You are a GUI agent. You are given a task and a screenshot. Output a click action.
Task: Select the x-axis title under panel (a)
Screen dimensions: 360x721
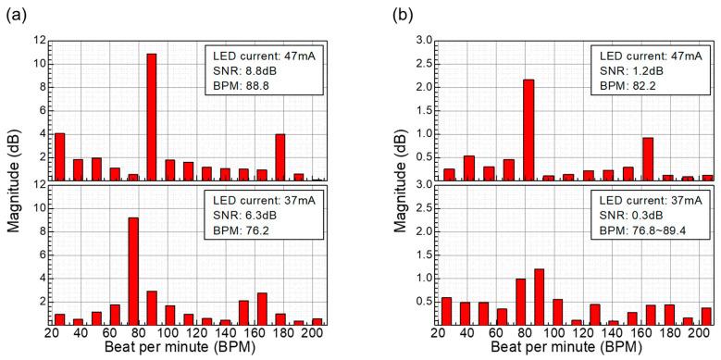pos(189,349)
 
